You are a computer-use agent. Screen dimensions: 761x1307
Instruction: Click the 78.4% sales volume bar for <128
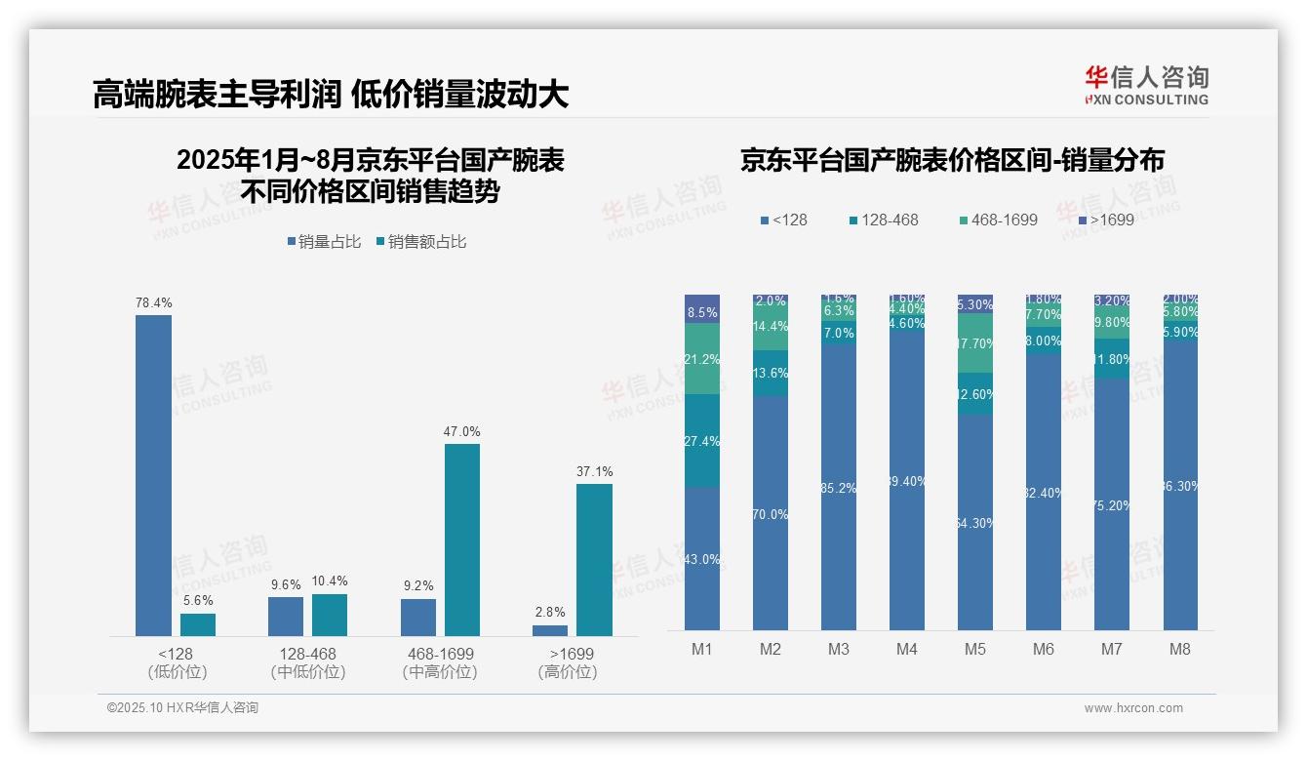tap(153, 475)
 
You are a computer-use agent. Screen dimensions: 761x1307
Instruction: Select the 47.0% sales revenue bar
tap(462, 540)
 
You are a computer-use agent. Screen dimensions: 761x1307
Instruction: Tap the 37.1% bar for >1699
tap(594, 560)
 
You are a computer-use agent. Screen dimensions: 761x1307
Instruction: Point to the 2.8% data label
tap(550, 612)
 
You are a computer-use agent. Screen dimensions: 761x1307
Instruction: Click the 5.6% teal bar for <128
tap(198, 624)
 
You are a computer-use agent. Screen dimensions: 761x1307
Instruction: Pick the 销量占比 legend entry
tap(324, 242)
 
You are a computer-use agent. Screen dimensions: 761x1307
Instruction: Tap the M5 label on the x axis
tap(975, 649)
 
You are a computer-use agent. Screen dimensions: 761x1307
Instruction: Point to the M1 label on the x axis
tap(702, 649)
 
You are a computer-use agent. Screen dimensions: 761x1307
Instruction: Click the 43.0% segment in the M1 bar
tap(702, 559)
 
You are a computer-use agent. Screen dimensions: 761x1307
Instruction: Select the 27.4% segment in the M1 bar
tap(702, 441)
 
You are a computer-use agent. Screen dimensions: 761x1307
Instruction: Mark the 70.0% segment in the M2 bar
tap(771, 513)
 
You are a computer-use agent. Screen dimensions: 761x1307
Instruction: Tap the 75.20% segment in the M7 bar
tap(1112, 504)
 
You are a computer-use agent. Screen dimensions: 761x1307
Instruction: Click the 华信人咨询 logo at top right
tap(1146, 85)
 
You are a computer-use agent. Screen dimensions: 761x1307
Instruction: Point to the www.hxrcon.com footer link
tap(1133, 708)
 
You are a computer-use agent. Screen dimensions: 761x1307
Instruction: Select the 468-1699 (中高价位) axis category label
tap(440, 662)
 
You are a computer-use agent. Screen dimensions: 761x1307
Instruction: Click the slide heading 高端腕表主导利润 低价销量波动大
tap(331, 95)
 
